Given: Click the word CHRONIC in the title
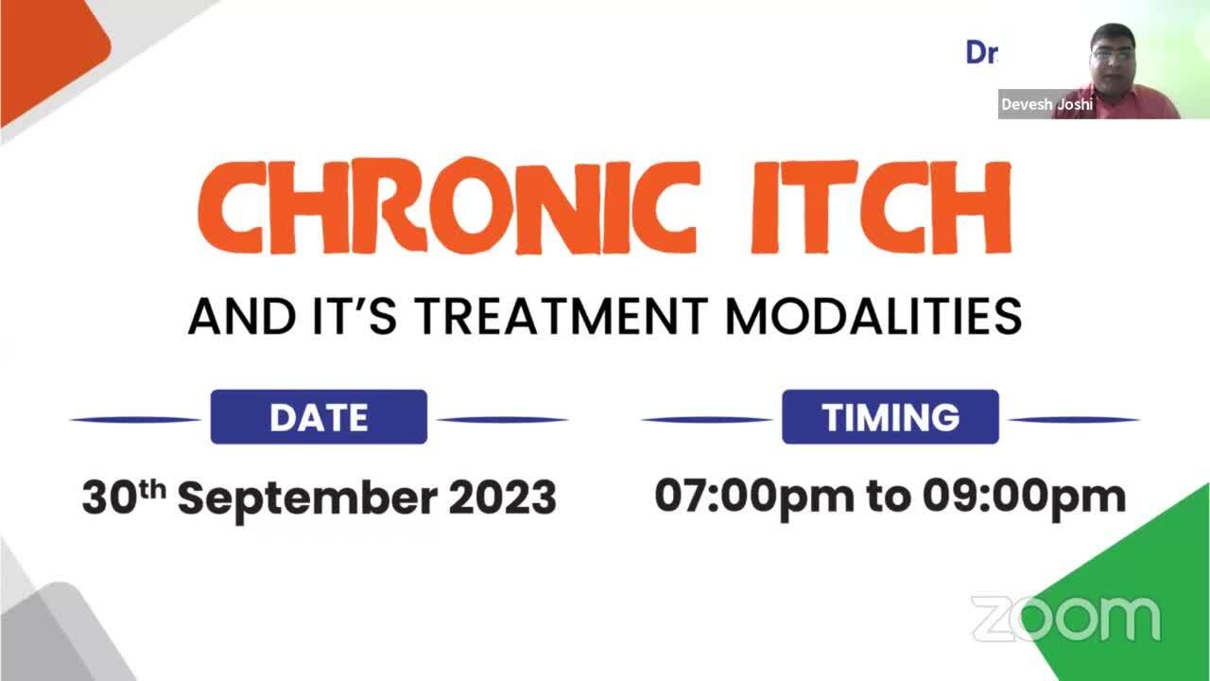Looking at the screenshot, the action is point(449,206).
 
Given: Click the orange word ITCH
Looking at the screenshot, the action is point(880,207).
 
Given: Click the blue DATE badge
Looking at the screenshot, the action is point(319,417).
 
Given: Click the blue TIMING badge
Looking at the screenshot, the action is point(890,417).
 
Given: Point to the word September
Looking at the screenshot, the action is point(307,498).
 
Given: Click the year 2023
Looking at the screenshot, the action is point(502,498).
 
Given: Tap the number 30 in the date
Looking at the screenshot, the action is point(109,498).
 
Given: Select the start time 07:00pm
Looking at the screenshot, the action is point(754,497).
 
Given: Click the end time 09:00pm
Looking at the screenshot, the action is point(1025,497).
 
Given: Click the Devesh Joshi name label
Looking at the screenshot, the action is point(1046,104).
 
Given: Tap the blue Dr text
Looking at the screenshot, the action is point(981,52).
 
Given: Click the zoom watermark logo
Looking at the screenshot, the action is point(1065,618).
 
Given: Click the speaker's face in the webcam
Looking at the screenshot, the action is point(1114,60).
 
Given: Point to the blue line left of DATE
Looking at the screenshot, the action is point(135,419).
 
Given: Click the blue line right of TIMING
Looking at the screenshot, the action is point(1075,419).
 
